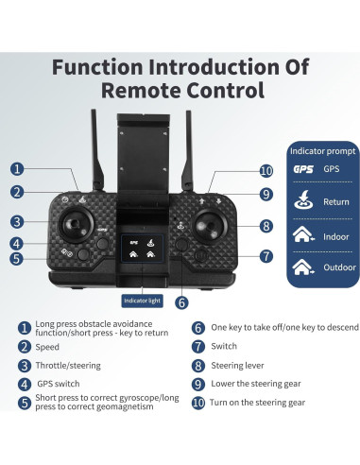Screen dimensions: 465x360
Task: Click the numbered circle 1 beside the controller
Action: (17, 170)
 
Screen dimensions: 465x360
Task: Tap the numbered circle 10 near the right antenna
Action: (266, 171)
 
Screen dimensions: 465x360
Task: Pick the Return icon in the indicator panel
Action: (302, 200)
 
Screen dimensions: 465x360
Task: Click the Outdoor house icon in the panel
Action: (303, 267)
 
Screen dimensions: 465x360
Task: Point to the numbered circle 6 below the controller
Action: (181, 302)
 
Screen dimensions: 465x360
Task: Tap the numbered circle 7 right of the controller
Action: (266, 255)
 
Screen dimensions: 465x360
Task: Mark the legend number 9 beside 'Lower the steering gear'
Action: (198, 385)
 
